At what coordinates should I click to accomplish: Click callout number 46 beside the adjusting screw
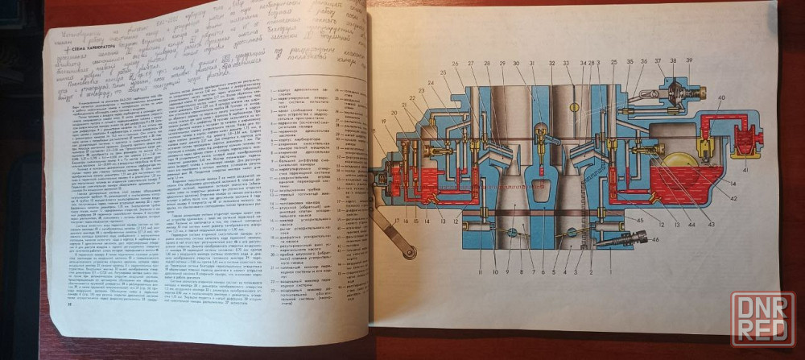655,238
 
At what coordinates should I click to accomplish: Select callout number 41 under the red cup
745,170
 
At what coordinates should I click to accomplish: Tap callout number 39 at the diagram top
688,60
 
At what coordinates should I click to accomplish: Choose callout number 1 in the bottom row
611,271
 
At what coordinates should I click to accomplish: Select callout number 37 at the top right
658,60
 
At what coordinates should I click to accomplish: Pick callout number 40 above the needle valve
720,98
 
